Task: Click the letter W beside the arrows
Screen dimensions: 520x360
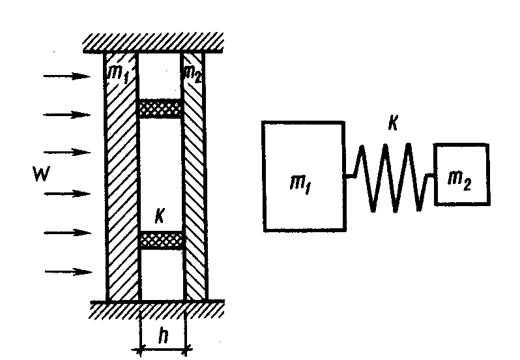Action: coord(42,173)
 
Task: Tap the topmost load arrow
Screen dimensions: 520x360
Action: coord(66,76)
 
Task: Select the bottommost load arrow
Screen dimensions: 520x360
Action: coord(68,272)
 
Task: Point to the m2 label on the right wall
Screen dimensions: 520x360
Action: coord(192,74)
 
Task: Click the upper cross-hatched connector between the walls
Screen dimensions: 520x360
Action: coord(160,108)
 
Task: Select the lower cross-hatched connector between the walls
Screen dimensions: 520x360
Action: coord(162,240)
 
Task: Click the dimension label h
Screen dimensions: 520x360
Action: coord(163,335)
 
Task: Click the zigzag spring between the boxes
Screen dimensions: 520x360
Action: coord(390,177)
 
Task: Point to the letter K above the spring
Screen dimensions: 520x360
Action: coord(393,123)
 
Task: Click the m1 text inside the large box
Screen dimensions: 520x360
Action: coord(300,185)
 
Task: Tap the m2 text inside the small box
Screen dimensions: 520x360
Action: coord(459,181)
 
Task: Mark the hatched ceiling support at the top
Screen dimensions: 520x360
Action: coord(153,43)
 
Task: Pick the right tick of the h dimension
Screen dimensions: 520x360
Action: coord(186,349)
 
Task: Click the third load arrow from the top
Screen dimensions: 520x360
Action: coord(67,153)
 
